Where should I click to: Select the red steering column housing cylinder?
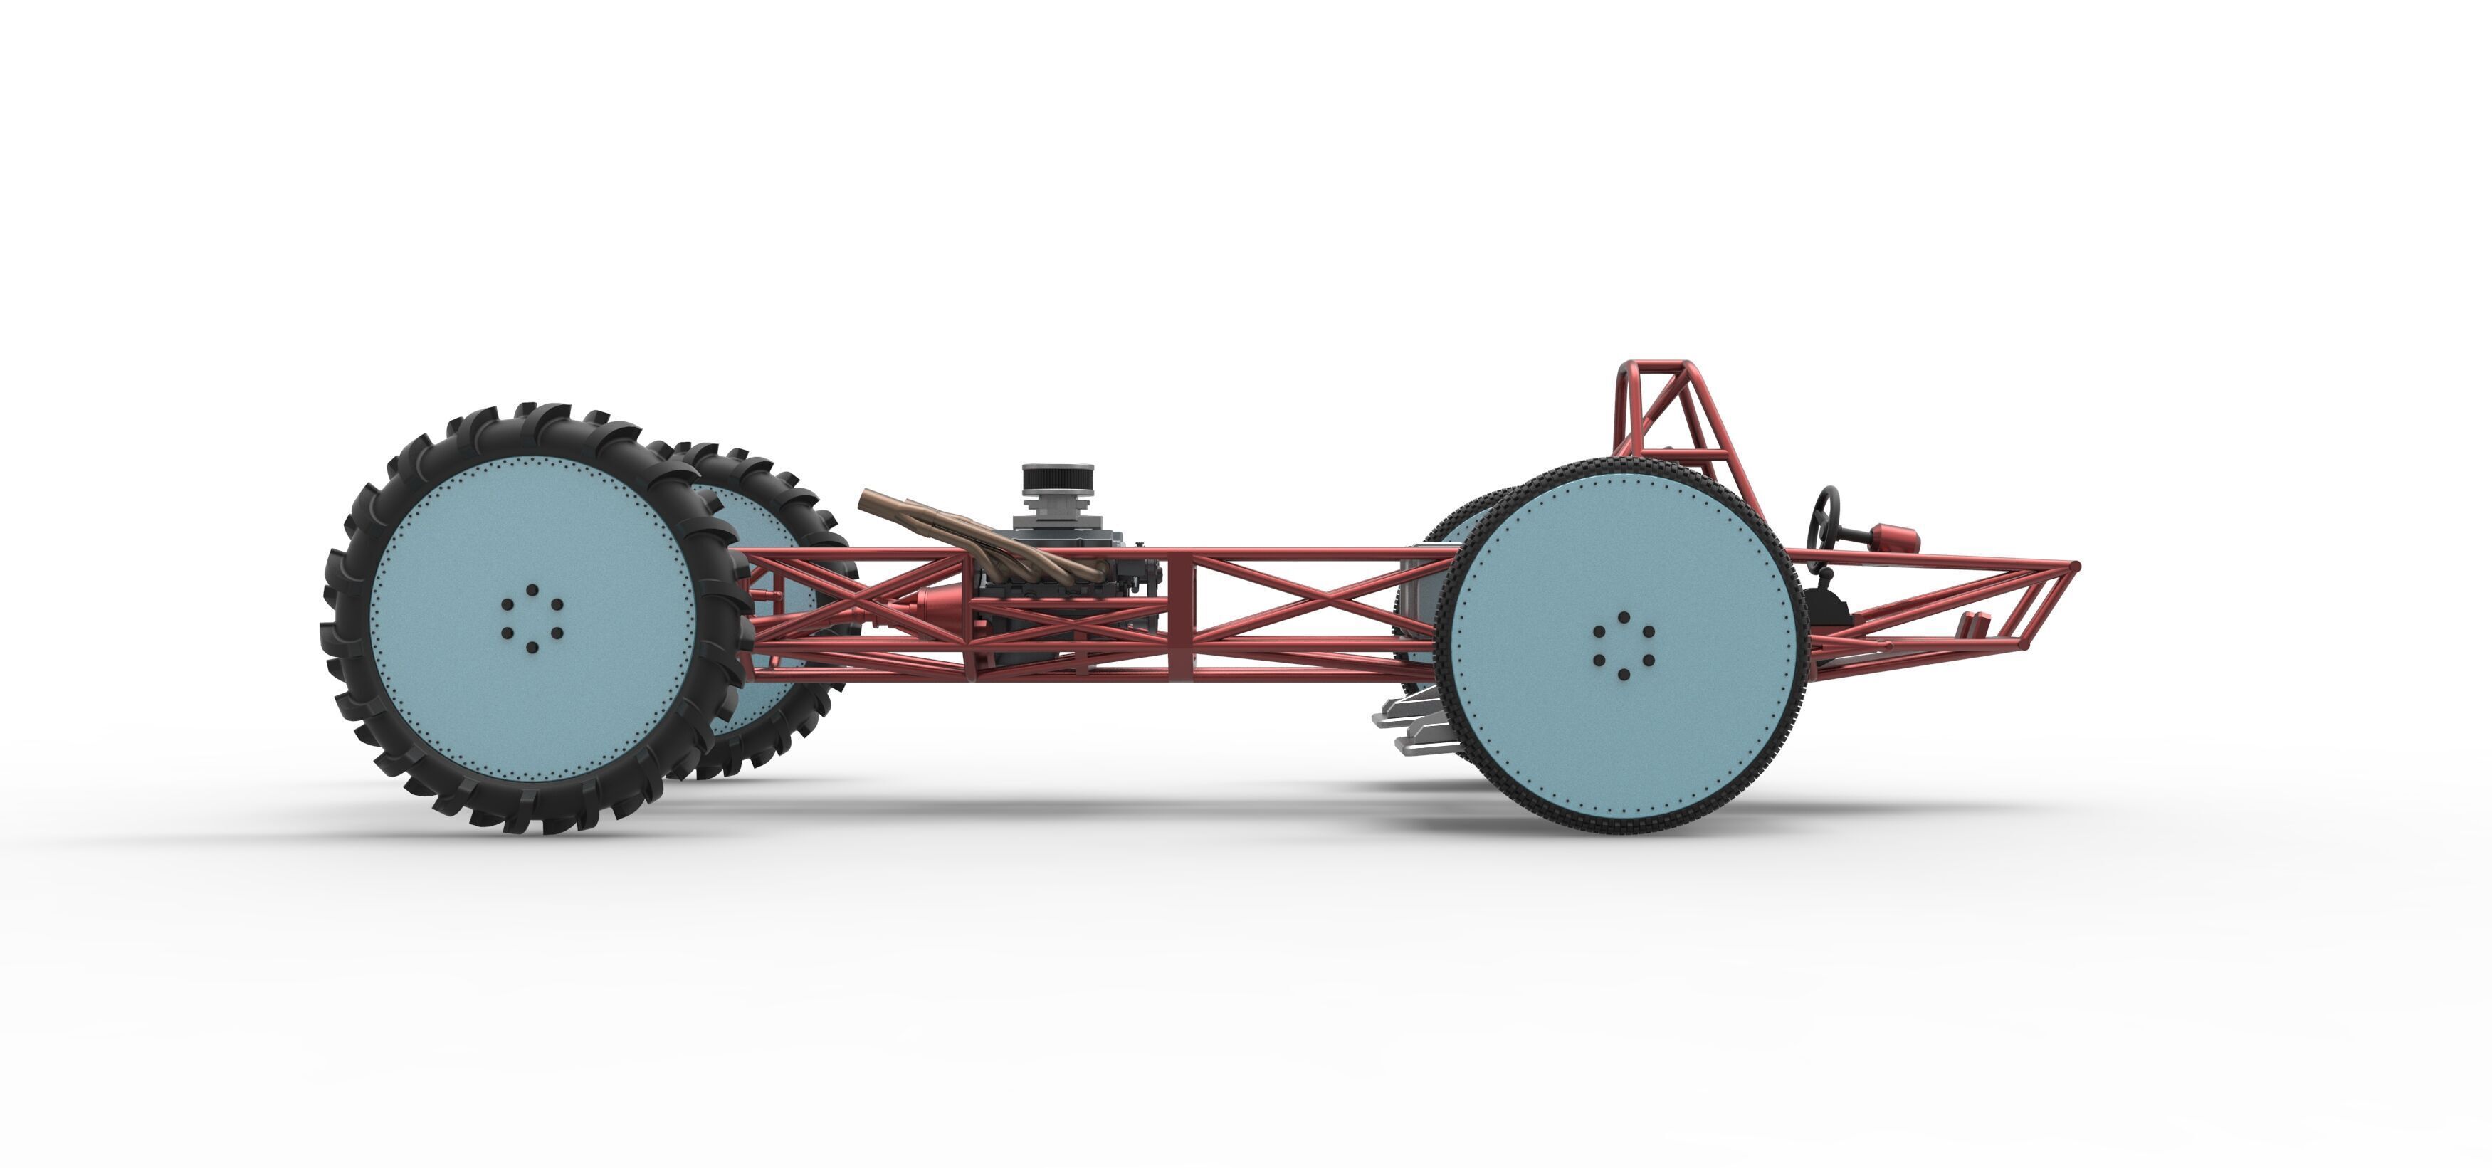point(1896,537)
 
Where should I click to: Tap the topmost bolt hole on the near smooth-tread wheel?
point(1624,617)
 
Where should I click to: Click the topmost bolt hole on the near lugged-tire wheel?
point(532,589)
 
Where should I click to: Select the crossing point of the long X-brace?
point(1301,601)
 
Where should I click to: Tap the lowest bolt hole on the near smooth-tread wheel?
point(1624,673)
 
